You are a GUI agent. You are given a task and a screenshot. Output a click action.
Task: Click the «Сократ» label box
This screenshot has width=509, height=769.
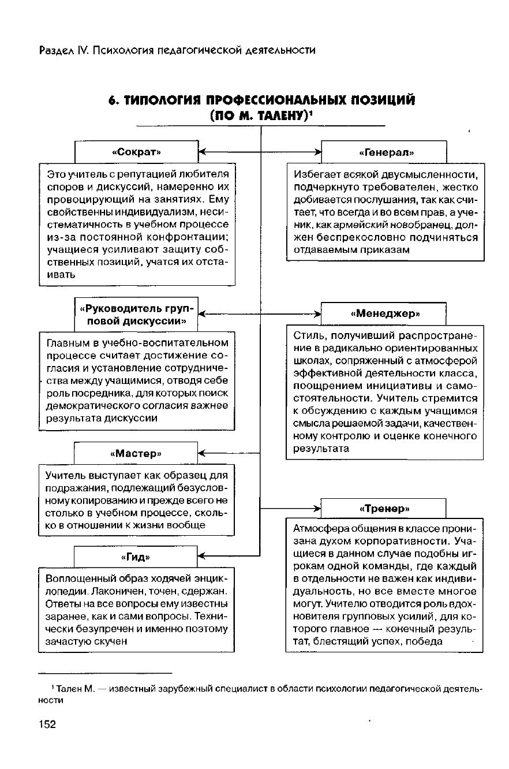tap(136, 152)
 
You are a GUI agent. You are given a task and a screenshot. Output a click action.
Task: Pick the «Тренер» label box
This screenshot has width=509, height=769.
tap(384, 509)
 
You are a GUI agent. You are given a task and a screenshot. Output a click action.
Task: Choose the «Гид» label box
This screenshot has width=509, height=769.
tap(136, 557)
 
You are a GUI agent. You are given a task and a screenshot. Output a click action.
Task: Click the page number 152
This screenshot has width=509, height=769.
tap(47, 725)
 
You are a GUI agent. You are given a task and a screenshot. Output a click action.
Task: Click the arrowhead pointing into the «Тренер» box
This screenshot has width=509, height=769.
tap(316, 509)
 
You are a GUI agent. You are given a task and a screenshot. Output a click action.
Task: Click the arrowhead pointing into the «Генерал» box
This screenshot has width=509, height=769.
tap(317, 152)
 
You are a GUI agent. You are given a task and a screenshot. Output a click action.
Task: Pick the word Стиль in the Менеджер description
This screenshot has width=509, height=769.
tap(306, 335)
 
